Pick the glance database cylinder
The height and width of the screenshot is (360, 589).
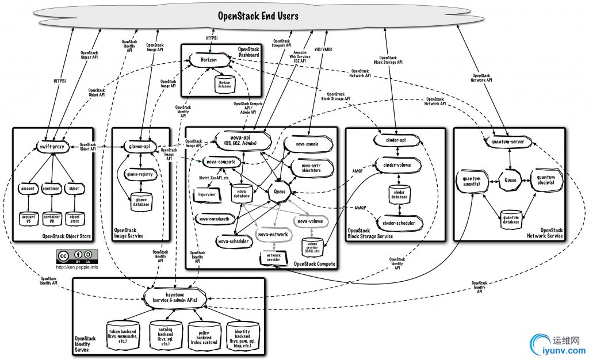click(x=140, y=199)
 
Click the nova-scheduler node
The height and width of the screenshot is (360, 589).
click(x=234, y=242)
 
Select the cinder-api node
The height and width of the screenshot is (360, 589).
click(x=393, y=140)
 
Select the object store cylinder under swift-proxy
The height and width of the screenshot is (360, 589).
click(x=75, y=218)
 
